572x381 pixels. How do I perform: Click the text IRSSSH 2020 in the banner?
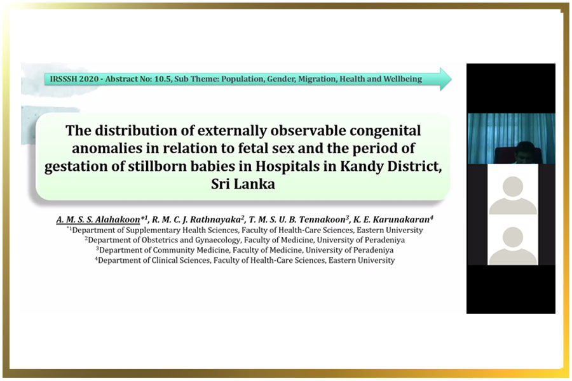[74, 79]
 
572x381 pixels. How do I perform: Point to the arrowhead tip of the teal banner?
[452, 79]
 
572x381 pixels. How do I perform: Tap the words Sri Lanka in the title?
[243, 184]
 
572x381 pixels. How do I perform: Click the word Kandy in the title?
[361, 166]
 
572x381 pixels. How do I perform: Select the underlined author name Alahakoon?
[118, 220]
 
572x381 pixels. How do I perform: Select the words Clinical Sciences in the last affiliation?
[180, 260]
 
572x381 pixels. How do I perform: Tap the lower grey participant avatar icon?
[512, 246]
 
